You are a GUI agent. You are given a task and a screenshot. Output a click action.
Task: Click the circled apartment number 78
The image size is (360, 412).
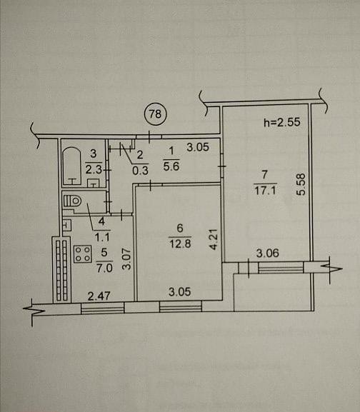tap(156, 114)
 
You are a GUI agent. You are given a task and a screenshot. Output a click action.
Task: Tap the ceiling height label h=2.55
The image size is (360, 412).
tap(282, 122)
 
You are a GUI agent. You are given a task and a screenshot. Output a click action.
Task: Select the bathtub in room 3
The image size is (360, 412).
tap(72, 166)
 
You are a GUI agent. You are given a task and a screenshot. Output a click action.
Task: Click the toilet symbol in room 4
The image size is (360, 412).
tap(72, 201)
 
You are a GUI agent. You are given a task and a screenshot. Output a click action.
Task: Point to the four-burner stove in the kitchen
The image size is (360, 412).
tap(83, 254)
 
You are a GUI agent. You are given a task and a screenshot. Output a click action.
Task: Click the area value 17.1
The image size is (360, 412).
tap(265, 190)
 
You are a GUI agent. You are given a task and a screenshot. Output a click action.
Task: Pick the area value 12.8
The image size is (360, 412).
tap(180, 243)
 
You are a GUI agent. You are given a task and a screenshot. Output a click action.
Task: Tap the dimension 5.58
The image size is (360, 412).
tap(301, 184)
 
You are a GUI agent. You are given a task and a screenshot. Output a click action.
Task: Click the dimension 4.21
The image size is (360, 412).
tap(214, 239)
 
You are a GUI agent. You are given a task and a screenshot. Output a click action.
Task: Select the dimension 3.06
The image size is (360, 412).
tap(268, 253)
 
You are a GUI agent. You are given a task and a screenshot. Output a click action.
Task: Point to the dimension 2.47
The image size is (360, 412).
tap(99, 296)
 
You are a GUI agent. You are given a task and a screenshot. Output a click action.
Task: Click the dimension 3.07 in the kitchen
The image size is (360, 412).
tap(126, 258)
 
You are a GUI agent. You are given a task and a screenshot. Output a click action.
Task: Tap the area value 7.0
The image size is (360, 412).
tap(104, 268)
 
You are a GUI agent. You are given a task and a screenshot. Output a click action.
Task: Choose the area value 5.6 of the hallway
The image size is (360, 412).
tap(171, 166)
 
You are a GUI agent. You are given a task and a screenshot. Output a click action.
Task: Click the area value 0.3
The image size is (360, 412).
tap(140, 171)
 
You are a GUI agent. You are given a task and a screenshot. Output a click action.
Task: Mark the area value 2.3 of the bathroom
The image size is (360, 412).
tap(94, 169)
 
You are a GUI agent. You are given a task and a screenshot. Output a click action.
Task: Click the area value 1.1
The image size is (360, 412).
tap(102, 238)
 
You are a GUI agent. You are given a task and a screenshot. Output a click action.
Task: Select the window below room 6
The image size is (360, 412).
tap(181, 306)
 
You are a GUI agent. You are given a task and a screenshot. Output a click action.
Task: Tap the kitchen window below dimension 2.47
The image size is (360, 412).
tap(102, 308)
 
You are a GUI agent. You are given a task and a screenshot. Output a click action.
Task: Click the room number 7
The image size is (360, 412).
tap(265, 174)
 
